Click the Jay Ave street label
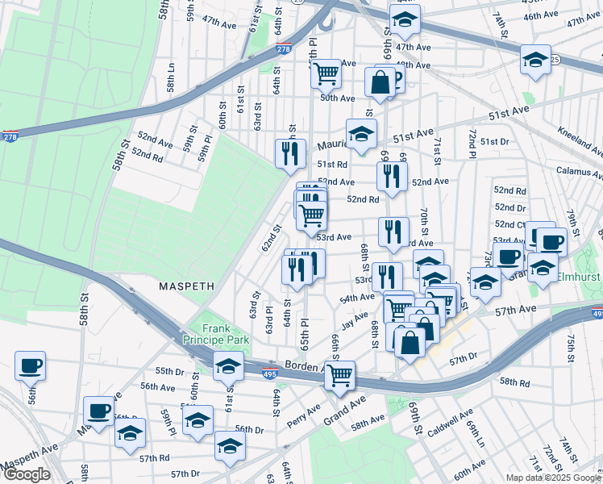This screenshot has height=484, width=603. pos(355,323)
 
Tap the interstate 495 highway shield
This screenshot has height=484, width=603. pos(272,373)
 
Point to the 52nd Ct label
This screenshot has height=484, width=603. pos(510,224)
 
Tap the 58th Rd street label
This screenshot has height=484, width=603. pos(514,382)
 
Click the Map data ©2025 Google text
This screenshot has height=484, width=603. pos(552,478)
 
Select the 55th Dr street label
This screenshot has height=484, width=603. pos(170,371)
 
